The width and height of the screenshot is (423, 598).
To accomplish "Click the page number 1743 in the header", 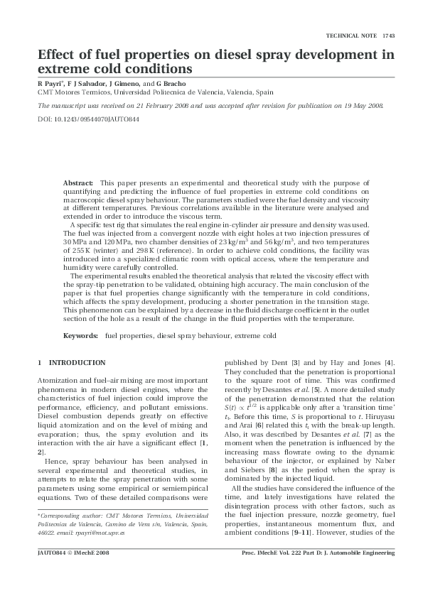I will pos(388,36).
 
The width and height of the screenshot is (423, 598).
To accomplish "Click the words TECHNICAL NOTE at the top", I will pos(351,36).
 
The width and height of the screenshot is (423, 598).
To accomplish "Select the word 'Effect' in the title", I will pos(57,55).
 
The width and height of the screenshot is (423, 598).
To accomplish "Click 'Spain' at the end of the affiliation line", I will pos(264,92).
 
